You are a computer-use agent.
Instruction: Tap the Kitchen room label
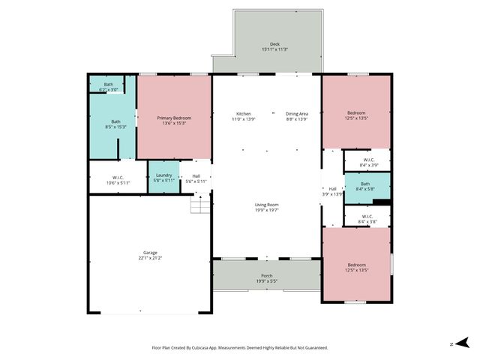coord(244,113)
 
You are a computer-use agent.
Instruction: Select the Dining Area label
coord(297,113)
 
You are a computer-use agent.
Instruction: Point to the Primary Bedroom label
coord(174,118)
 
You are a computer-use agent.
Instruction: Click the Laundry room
coord(163,177)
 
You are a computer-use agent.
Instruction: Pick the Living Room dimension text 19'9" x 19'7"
coord(266,210)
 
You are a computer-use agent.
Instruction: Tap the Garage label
coord(150,253)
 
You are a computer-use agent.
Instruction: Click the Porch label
coord(266,276)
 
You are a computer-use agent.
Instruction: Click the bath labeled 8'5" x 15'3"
coord(116,124)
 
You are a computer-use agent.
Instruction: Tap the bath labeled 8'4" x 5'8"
coord(364,186)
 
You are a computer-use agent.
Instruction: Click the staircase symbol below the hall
coord(199,203)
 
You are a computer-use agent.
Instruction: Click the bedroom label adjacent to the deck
coord(356,115)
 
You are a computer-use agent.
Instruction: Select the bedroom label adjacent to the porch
coord(356,266)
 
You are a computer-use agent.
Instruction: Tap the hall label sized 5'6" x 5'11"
coord(196,178)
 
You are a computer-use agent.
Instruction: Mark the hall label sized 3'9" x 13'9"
coord(332,191)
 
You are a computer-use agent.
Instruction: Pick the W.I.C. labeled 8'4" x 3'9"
coord(368,162)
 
